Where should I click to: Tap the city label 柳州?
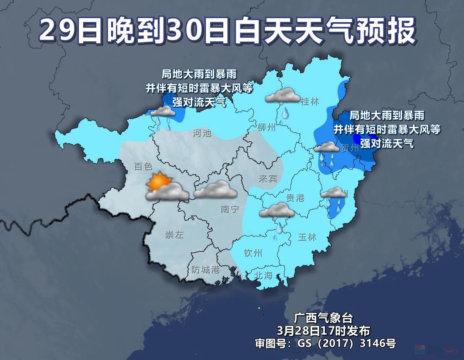coord(267,128)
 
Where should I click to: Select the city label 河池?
coord(202,133)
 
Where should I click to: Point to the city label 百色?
coord(143,166)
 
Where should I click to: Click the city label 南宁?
coord(230,209)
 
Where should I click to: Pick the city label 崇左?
coord(174,235)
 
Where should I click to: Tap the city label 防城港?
coord(206,270)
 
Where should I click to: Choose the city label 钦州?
coord(253,253)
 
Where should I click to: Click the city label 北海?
coord(264,275)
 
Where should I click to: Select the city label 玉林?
coord(307,237)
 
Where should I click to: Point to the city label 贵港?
coord(295,198)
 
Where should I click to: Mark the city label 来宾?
coord(268,179)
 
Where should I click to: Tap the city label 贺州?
coord(350,148)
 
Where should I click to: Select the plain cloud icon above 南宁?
coord(216,190)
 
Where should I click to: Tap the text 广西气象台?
coord(323,318)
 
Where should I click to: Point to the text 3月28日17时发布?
coord(323,330)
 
